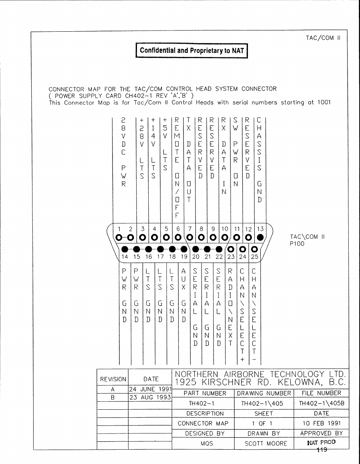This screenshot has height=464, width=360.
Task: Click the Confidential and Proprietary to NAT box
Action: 192,51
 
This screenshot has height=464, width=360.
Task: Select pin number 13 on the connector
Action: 260,229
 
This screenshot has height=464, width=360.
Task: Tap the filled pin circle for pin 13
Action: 260,238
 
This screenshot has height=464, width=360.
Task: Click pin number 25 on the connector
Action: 254,257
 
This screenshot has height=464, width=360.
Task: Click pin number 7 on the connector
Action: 190,229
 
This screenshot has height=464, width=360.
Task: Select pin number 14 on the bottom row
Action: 125,257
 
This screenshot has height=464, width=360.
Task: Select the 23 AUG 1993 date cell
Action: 150,397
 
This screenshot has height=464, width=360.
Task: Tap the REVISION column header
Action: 113,379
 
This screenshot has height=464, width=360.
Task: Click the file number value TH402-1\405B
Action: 322,403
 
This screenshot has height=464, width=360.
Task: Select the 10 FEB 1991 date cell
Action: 322,423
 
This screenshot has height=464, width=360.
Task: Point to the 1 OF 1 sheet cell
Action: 262,423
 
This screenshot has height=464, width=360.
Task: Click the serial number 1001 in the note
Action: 325,102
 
